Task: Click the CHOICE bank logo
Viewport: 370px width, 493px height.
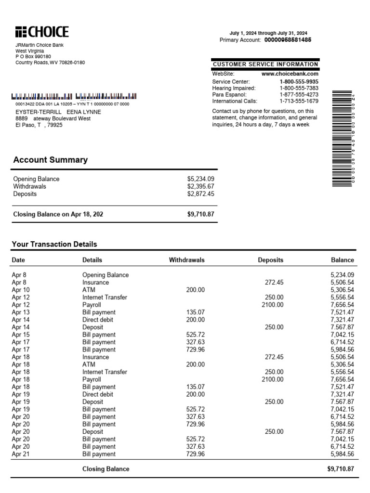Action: (42, 32)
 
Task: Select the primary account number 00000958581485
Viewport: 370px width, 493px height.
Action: (288, 40)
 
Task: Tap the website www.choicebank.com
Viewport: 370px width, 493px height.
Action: (290, 74)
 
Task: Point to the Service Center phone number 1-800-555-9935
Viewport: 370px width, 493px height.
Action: (299, 82)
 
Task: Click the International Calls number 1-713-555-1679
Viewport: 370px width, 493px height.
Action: (299, 101)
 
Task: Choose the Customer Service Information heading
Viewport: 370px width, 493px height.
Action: (265, 64)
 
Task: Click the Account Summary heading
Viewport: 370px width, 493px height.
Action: (50, 160)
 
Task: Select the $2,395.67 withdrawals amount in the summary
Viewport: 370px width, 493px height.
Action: (200, 186)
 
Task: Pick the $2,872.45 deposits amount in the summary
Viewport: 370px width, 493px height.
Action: (200, 194)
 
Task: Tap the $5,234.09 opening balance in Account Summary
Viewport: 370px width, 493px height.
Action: (200, 179)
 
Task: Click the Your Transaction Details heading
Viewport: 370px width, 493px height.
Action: (54, 244)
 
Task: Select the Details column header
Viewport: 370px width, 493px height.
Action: (92, 260)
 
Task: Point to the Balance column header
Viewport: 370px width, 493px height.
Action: (342, 260)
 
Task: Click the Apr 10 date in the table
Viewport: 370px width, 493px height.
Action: (20, 290)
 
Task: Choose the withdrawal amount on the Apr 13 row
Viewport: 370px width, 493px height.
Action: (195, 312)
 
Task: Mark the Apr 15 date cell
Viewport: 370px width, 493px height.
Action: (20, 335)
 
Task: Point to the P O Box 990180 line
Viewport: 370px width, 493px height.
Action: (33, 56)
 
